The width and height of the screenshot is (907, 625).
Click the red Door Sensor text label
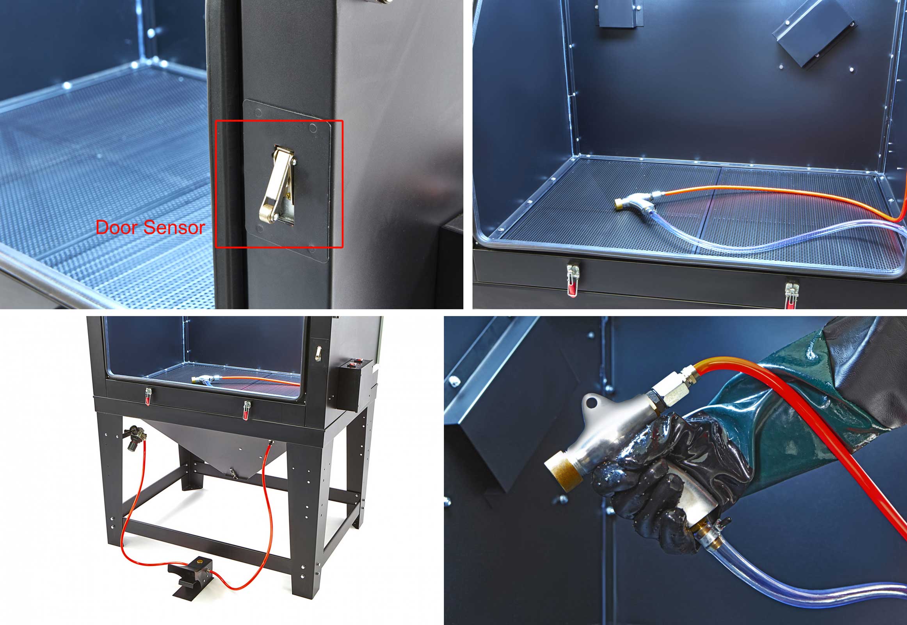pyautogui.click(x=150, y=227)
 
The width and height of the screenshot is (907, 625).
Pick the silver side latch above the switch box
pyautogui.click(x=318, y=352)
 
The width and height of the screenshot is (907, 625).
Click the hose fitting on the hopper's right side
pyautogui.click(x=270, y=443)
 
